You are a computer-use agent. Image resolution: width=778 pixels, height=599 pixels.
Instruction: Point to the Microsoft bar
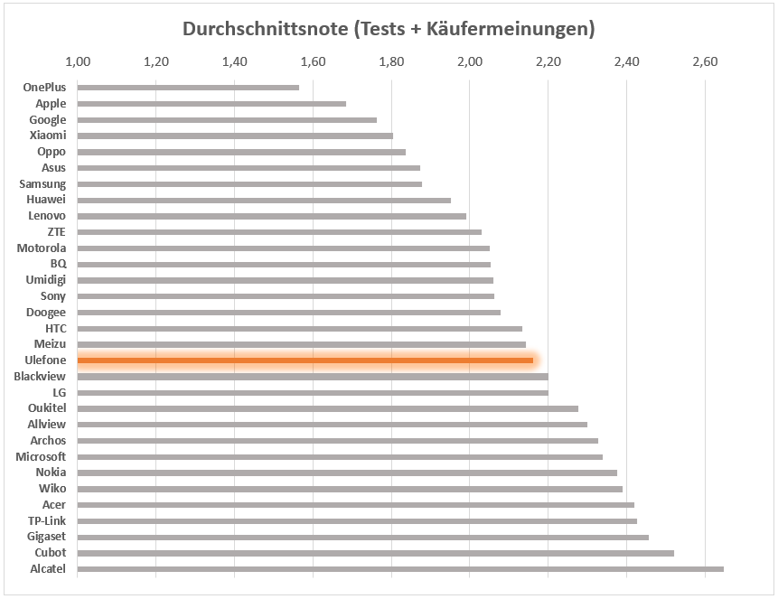point(340,457)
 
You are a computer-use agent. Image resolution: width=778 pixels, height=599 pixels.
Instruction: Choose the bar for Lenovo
point(271,216)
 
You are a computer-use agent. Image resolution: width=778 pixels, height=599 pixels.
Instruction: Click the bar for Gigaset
point(362,537)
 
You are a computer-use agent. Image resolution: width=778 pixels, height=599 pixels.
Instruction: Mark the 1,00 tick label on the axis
point(79,62)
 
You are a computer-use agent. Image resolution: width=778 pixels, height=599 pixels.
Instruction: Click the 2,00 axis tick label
point(469,62)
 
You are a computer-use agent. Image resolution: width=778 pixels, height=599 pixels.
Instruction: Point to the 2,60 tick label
point(704,62)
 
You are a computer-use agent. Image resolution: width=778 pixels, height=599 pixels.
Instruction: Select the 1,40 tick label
point(235,62)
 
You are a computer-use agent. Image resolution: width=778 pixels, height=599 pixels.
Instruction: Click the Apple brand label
point(51,104)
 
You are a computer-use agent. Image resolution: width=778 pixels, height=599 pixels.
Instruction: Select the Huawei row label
point(46,200)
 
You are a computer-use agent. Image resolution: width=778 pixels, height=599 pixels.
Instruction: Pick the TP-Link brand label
point(47,520)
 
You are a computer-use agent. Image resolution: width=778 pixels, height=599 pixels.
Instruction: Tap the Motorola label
point(42,248)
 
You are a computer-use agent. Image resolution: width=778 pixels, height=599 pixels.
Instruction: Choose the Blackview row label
point(40,377)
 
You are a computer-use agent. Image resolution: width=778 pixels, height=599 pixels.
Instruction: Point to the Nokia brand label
point(51,473)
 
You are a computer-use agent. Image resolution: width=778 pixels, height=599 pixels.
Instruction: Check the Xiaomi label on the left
point(48,136)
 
